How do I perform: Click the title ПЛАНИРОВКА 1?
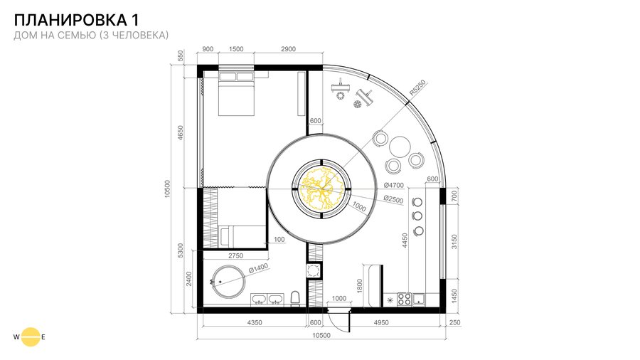76,20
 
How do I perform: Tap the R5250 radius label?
417,88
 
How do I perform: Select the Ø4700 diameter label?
393,185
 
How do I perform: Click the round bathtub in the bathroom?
228,282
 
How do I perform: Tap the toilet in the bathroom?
295,298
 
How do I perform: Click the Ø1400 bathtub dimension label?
258,268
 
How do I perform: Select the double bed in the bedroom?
237,93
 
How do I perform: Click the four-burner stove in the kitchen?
404,300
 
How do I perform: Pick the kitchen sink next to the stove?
419,300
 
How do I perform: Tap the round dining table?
400,147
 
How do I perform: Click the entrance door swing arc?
337,323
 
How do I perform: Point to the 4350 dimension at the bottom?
255,322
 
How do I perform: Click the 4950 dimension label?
381,322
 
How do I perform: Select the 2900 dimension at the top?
288,49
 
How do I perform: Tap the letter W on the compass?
16,337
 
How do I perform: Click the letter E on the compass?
43,337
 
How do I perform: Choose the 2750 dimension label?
235,256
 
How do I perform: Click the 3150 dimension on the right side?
454,242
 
